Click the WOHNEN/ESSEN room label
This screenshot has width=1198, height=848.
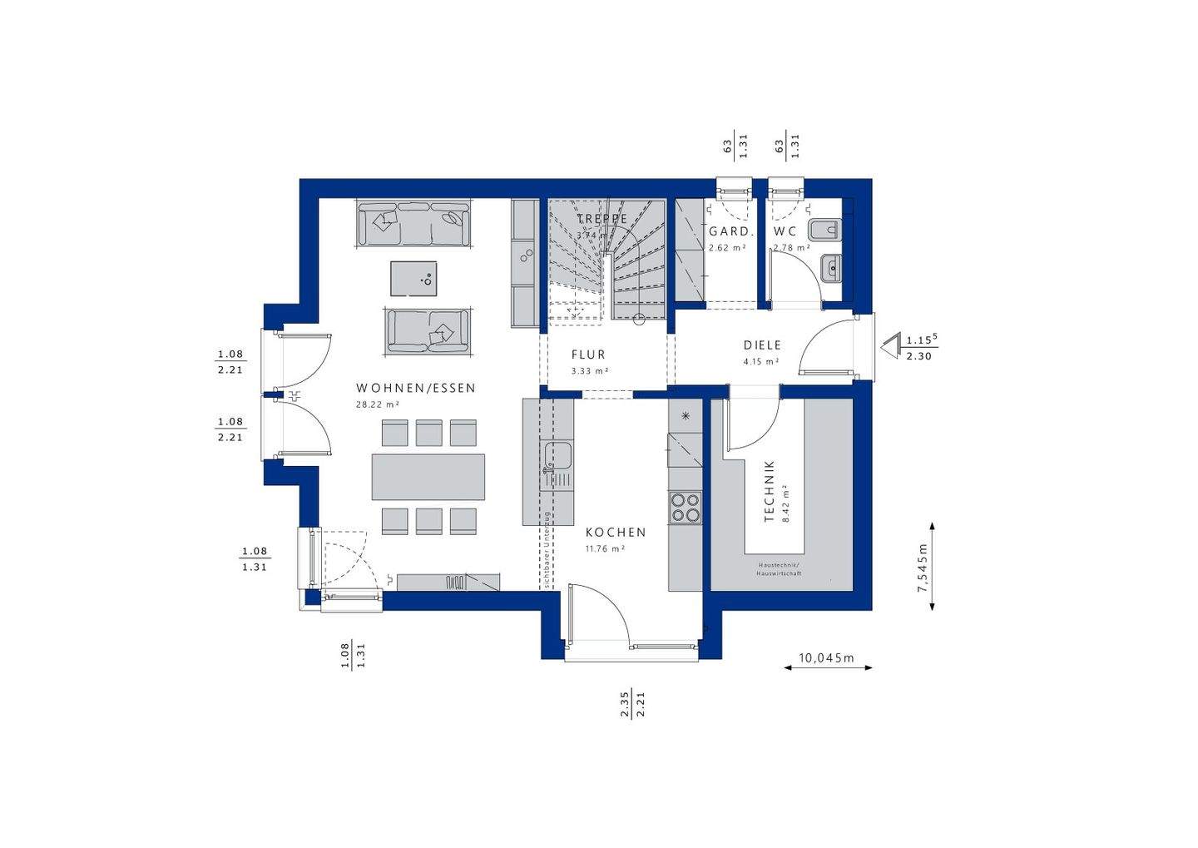point(415,388)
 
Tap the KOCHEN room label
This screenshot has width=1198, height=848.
point(616,533)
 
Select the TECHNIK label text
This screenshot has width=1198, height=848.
point(770,492)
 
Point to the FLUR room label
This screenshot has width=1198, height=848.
point(588,355)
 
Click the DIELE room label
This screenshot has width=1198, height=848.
point(762,345)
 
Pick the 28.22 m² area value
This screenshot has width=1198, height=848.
point(378,404)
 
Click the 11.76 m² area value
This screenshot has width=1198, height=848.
point(605,548)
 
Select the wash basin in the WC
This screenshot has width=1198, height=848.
point(830,266)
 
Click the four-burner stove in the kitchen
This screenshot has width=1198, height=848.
point(686,507)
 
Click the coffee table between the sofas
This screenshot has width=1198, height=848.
point(413,278)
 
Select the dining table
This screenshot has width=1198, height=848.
point(428,477)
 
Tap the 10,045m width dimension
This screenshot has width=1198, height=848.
point(827,658)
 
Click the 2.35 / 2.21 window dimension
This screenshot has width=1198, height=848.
point(633,703)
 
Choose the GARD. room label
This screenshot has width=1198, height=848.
point(730,231)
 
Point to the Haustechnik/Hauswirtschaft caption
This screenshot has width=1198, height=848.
point(778,569)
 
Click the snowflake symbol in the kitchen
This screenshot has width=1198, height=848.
point(686,415)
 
